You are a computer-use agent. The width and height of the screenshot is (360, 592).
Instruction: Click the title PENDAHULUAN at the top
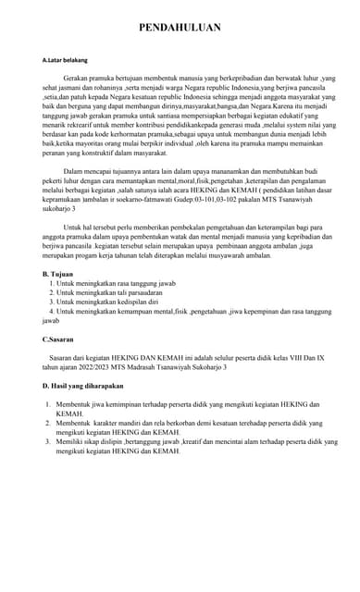[x=180, y=28]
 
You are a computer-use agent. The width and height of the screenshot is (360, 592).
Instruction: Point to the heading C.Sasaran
[x=60, y=339]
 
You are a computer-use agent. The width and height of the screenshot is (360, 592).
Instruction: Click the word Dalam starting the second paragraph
[x=75, y=171]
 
